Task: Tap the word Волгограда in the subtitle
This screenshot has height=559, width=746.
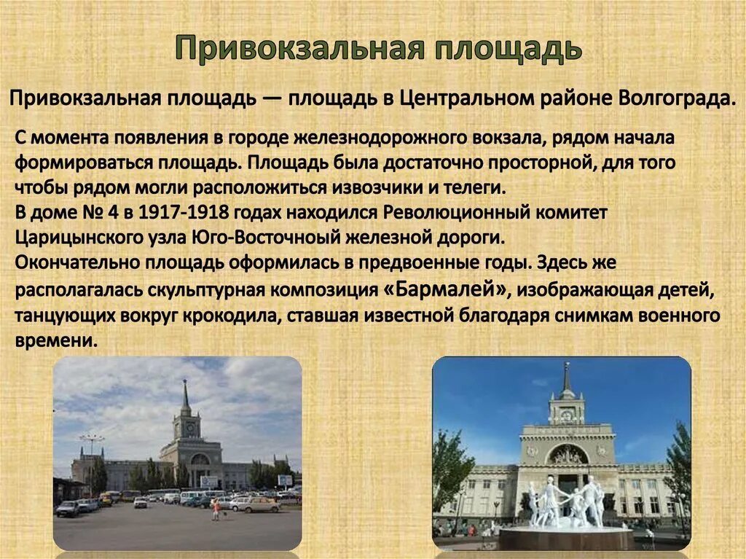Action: pos(676,98)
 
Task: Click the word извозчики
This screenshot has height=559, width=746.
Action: pos(375,187)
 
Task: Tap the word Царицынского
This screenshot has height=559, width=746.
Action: pos(76,238)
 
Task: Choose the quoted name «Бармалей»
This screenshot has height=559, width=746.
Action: pos(445,289)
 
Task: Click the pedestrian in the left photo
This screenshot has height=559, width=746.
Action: pos(216,509)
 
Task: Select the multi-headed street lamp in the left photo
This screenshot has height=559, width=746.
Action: pos(92,440)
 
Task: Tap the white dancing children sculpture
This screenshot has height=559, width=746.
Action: pos(566,502)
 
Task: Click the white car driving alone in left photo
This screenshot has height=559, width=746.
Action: pos(140,502)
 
